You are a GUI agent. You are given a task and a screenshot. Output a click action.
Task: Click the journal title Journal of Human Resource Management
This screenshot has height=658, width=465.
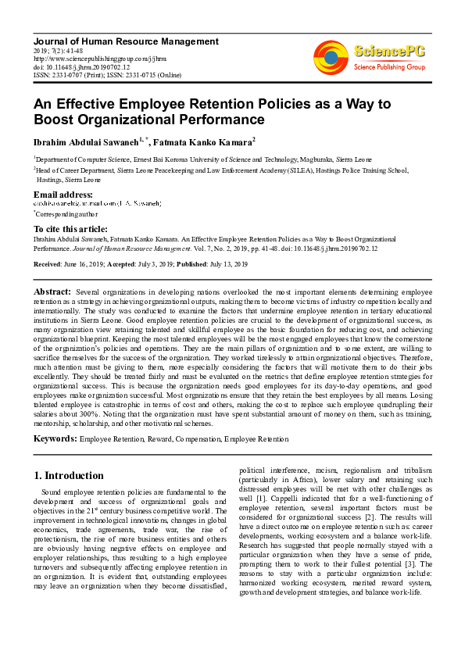click(126, 41)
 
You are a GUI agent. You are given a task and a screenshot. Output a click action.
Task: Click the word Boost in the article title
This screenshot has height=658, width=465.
click(55, 120)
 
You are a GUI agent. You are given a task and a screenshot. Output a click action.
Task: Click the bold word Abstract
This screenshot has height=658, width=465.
click(53, 291)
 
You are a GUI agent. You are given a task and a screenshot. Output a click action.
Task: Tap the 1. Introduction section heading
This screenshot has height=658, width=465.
click(70, 475)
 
